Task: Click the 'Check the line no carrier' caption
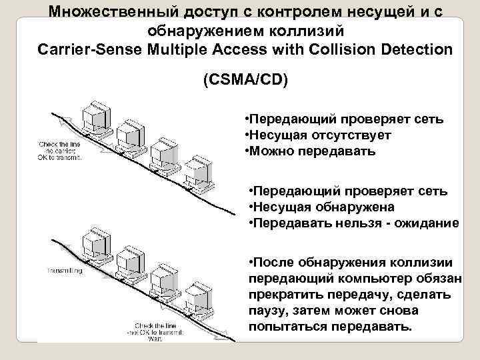(x=60, y=151)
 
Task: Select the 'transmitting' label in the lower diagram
(x=65, y=271)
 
